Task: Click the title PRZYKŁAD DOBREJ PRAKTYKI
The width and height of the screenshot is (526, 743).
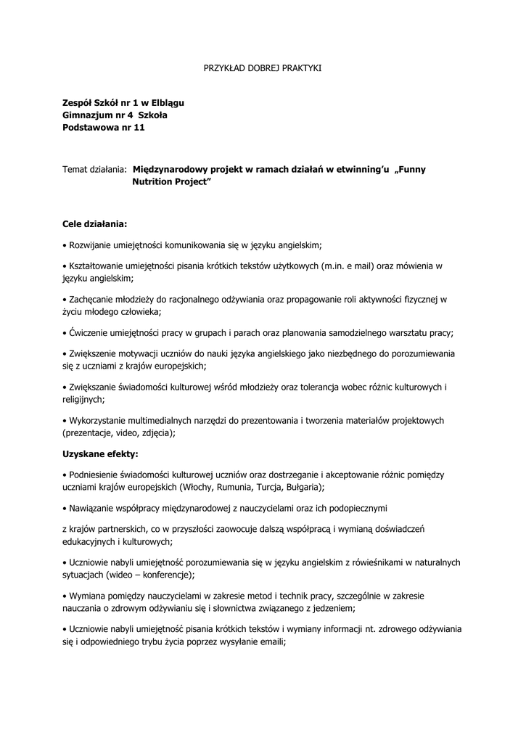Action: click(x=261, y=68)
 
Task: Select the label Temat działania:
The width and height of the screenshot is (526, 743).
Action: click(x=95, y=169)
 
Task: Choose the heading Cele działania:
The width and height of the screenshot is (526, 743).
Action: click(x=94, y=224)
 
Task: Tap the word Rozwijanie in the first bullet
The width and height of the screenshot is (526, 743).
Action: click(x=90, y=245)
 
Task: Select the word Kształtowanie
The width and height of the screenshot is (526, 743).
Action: click(x=98, y=266)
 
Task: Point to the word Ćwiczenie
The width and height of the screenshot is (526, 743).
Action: click(x=89, y=332)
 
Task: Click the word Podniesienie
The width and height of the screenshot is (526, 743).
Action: click(x=96, y=475)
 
